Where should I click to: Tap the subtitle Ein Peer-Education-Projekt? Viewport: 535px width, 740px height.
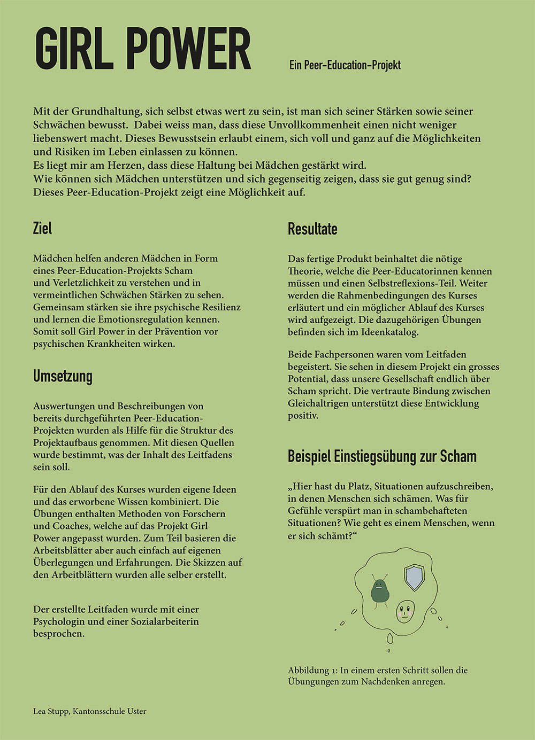(345, 65)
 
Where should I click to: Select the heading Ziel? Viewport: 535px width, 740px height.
(42, 229)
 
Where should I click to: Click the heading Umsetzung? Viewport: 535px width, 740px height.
(63, 376)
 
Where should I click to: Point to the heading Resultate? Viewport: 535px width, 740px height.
(312, 229)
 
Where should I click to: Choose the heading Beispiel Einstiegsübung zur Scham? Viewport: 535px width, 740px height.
(382, 457)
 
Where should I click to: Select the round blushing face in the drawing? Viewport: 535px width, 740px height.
(405, 611)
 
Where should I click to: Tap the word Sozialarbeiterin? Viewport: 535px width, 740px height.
(162, 621)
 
